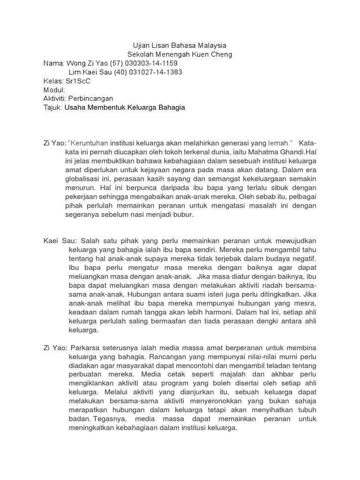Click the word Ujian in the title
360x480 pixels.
pyautogui.click(x=140, y=45)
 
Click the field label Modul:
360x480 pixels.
pyautogui.click(x=54, y=90)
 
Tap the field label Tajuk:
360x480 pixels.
pyautogui.click(x=52, y=107)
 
